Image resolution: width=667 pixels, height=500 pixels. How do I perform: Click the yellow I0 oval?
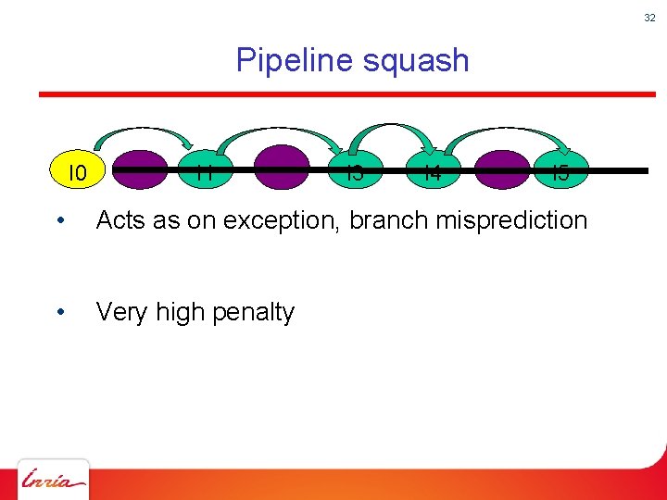(x=79, y=172)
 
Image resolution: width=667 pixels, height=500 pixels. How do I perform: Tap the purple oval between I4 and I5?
(x=501, y=170)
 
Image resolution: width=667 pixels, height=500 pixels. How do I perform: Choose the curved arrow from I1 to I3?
(x=278, y=125)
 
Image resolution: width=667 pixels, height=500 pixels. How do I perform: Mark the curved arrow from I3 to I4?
(x=394, y=126)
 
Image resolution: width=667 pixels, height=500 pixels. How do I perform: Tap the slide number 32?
(x=649, y=17)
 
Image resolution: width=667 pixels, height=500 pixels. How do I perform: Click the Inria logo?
(x=54, y=480)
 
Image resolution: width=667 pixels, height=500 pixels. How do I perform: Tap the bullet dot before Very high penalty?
(x=59, y=313)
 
